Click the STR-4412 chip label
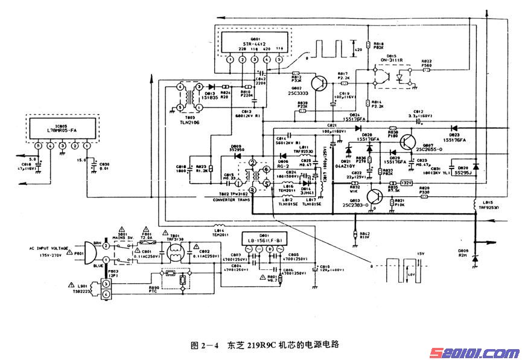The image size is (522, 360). [x=254, y=44]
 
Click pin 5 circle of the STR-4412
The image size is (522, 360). [x=279, y=59]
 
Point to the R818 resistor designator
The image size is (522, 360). [x=379, y=44]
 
